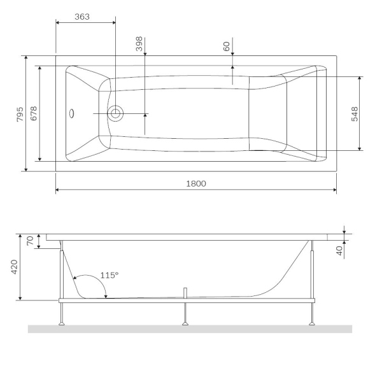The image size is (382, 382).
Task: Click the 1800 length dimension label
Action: (195, 183)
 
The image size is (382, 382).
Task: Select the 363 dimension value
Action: (81, 17)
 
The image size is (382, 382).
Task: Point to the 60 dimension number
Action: (227, 46)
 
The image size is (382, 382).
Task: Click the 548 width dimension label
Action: (355, 114)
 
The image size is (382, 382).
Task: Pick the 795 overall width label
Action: (20, 114)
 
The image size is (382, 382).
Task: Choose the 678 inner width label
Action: (34, 114)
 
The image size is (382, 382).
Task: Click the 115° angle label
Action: (110, 276)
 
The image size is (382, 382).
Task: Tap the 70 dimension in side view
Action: (29, 241)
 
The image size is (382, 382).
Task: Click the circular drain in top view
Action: (115, 114)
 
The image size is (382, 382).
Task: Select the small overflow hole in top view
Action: (73, 114)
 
